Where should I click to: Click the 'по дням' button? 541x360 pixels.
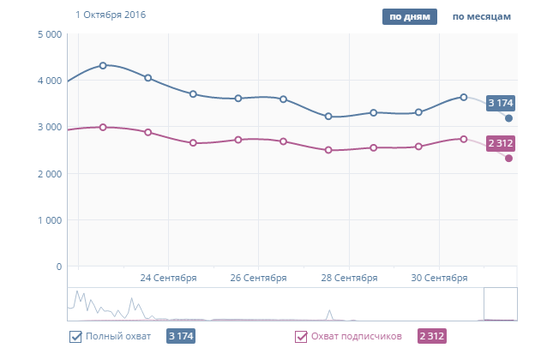[409, 15]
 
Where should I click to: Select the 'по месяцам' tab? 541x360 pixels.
[482, 15]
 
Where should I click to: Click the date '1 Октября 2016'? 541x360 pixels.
[111, 15]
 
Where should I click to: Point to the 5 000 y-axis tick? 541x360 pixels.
[47, 34]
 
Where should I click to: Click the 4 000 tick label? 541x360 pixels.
[47, 81]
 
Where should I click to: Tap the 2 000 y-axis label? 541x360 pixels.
[47, 174]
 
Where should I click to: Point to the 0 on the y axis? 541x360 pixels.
[58, 267]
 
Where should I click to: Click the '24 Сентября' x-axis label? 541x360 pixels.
[168, 278]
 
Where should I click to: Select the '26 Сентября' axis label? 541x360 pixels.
[258, 278]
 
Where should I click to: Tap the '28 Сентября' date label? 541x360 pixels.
[349, 278]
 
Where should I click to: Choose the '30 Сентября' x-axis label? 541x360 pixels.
[439, 278]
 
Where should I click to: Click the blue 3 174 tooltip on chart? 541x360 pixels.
[500, 104]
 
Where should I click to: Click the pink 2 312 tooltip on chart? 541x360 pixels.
[500, 143]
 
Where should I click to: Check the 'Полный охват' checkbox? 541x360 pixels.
[75, 337]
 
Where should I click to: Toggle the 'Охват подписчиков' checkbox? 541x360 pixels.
[301, 337]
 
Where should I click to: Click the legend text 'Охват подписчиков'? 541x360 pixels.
[355, 337]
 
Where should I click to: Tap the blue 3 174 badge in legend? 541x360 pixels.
[182, 337]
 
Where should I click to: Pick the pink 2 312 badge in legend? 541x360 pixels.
[431, 337]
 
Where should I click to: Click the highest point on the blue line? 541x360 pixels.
[103, 65]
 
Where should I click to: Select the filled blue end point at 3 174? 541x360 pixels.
[508, 118]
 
